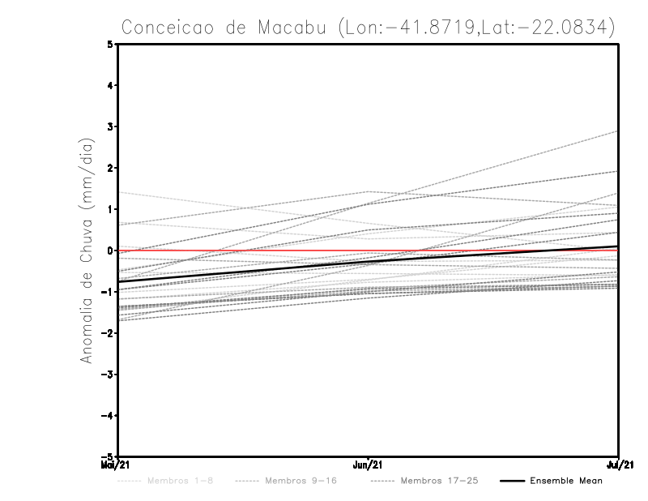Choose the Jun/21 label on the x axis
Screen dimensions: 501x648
point(369,465)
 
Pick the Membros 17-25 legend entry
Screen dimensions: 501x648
point(439,481)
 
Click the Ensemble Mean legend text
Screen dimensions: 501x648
point(566,481)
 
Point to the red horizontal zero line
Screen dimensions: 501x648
point(486,250)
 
